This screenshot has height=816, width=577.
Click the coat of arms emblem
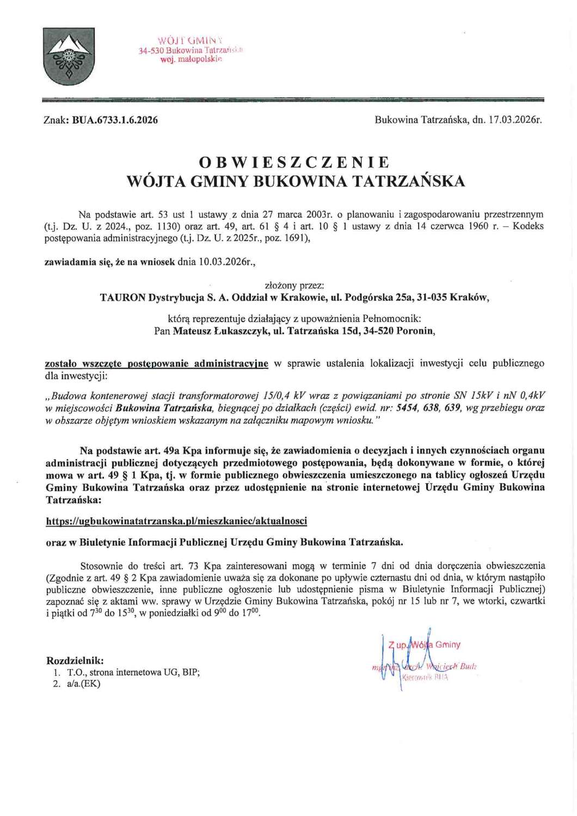[69, 56]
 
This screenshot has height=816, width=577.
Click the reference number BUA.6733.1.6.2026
[115, 120]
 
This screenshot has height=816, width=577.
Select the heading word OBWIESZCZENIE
[294, 162]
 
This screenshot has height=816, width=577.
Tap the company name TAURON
[122, 298]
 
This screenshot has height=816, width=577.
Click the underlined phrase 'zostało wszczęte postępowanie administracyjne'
[156, 363]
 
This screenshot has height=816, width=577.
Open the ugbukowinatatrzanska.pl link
[176, 521]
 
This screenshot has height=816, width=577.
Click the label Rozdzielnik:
[75, 661]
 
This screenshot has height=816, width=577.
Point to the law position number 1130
[163, 226]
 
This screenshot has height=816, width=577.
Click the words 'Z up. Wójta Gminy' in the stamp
[425, 645]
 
